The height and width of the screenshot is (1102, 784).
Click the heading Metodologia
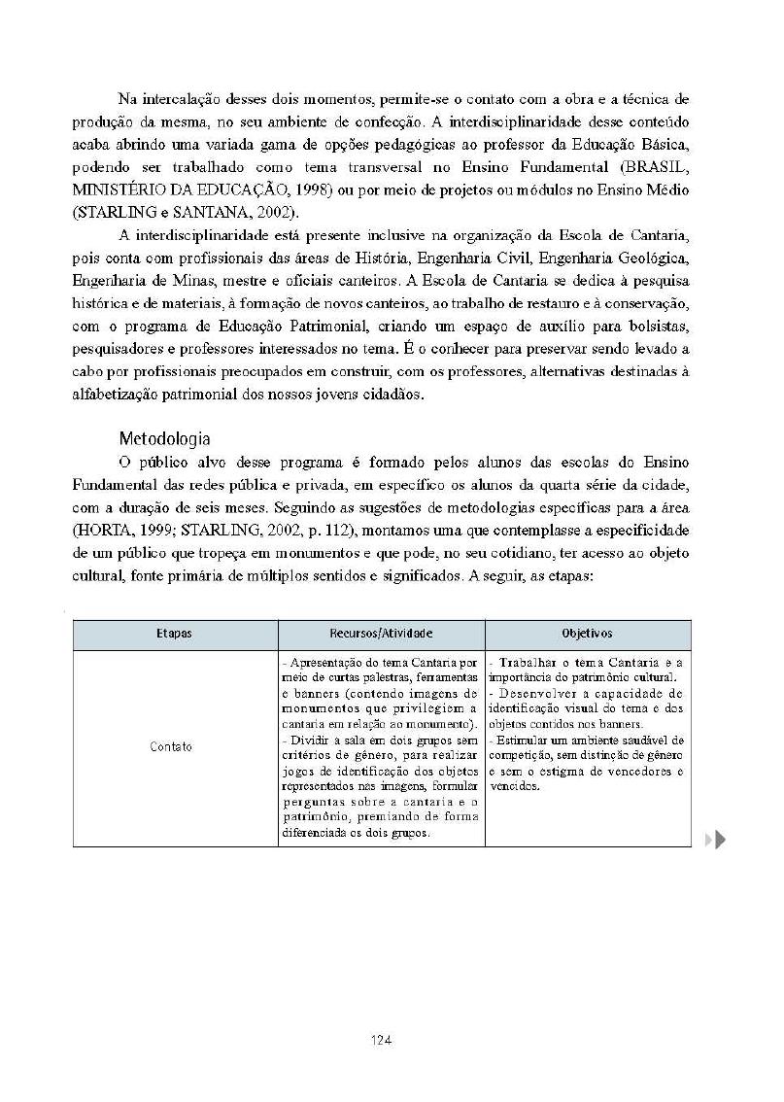(x=164, y=438)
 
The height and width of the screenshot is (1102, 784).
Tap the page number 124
(x=381, y=1041)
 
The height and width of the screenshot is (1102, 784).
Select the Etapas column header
(x=174, y=634)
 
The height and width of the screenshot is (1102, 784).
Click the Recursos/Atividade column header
(x=381, y=634)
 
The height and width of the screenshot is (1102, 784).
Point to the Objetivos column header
(x=587, y=634)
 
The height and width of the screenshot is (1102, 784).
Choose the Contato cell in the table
(x=171, y=747)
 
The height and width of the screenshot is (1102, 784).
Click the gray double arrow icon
(x=716, y=840)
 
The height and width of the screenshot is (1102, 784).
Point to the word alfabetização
(x=118, y=395)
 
